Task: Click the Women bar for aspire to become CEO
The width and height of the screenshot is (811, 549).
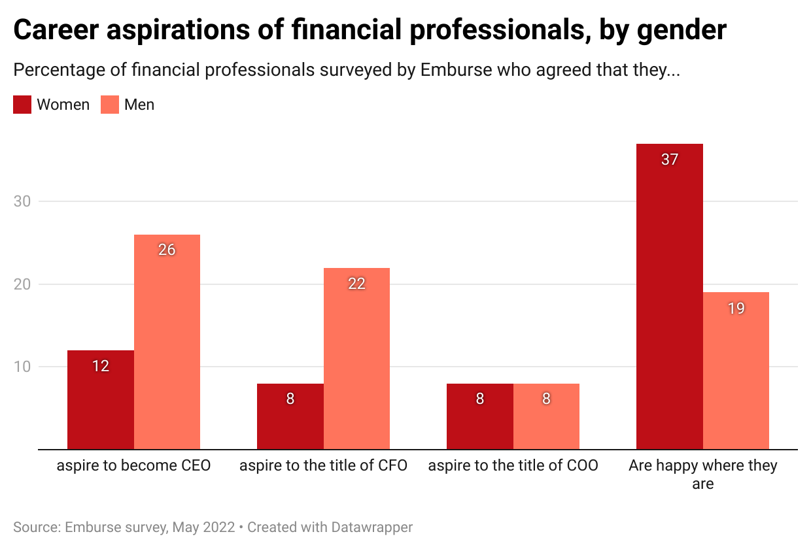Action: (x=101, y=400)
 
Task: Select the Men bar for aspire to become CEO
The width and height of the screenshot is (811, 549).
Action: (x=167, y=342)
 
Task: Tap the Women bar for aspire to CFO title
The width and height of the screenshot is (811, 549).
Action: (x=290, y=416)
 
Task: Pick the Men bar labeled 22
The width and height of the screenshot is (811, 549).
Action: (x=356, y=358)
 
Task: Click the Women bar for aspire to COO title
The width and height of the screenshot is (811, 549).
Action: (x=480, y=416)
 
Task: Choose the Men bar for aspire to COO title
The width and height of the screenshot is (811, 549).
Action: (x=546, y=416)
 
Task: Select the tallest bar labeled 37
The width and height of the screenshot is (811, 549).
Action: (x=669, y=296)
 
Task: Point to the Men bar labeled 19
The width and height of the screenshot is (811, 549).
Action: (x=736, y=371)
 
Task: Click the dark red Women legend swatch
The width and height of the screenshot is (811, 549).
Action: (x=22, y=105)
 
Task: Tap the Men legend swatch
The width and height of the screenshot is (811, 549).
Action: (x=110, y=105)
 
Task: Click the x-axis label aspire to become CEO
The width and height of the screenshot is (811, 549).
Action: (x=133, y=466)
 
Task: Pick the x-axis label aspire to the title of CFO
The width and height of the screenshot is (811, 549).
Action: (x=323, y=466)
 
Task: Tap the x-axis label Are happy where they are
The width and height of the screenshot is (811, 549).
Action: (x=702, y=474)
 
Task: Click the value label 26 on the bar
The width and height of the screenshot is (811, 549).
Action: (x=167, y=250)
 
